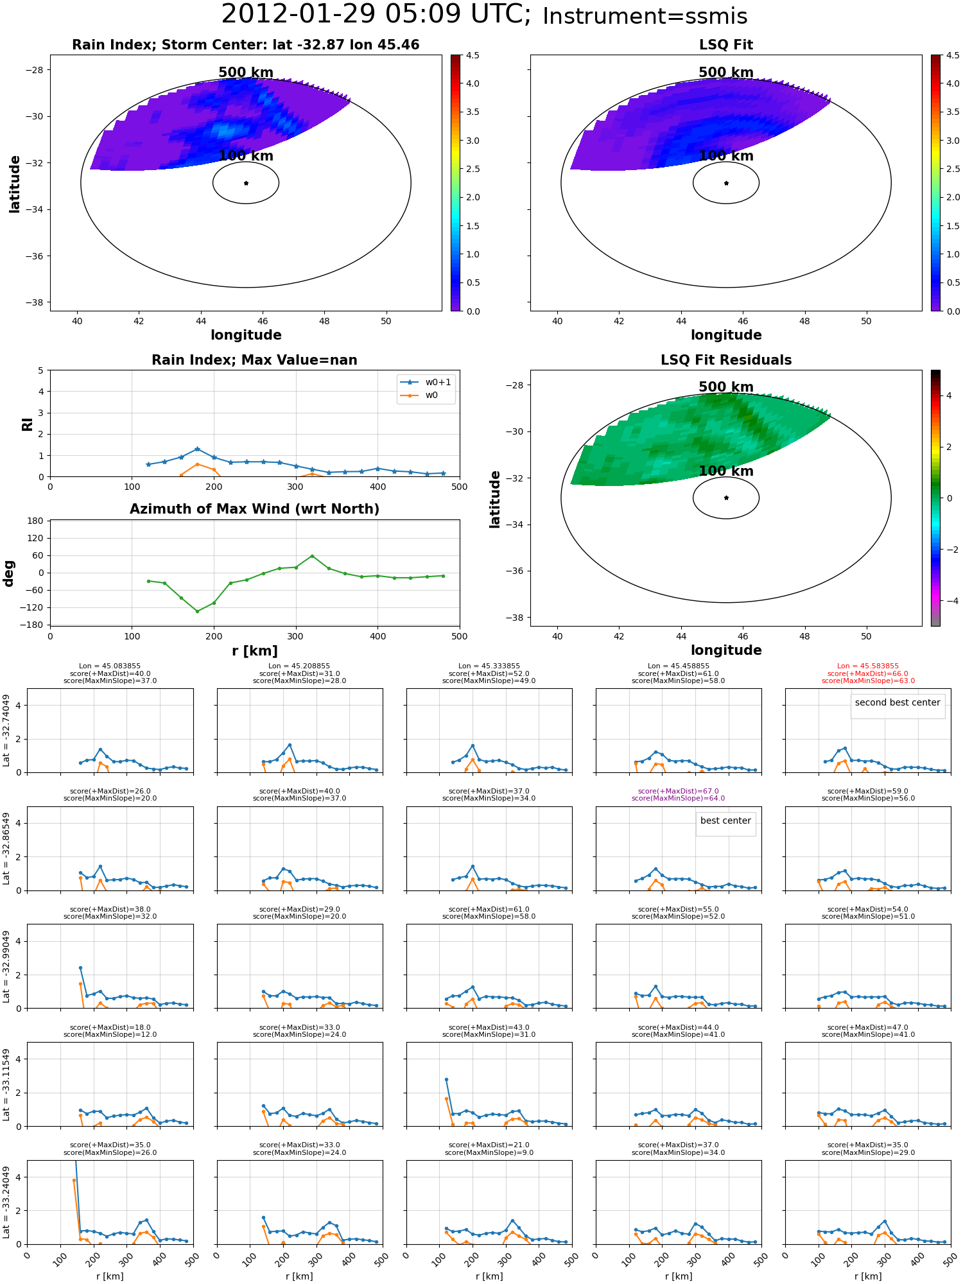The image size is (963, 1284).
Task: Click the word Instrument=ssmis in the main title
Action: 645,16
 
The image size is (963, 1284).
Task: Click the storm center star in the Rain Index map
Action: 246,183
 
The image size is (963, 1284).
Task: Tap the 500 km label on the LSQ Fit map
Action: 726,73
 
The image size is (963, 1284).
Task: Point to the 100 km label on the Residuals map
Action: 726,471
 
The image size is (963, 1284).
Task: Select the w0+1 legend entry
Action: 426,382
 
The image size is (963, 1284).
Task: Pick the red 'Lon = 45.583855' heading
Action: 868,666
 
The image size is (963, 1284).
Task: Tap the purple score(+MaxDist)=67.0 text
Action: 679,791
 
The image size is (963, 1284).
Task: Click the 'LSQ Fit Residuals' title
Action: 726,360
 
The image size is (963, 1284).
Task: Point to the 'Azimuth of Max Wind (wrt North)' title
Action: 255,509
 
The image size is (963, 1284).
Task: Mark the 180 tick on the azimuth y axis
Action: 36,521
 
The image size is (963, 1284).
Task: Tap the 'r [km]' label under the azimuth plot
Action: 255,651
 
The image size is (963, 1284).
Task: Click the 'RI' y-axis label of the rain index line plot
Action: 27,424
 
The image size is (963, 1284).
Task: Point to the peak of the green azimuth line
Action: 312,556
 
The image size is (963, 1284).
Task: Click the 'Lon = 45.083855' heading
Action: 110,666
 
